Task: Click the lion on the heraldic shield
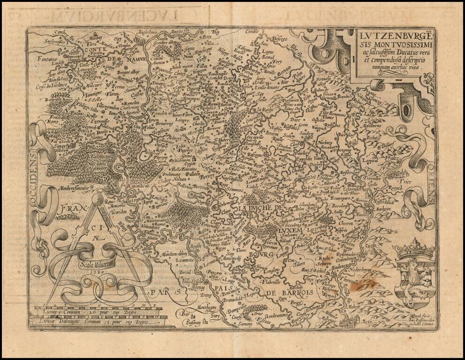pyautogui.click(x=412, y=273)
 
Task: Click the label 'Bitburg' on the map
pyautogui.click(x=374, y=139)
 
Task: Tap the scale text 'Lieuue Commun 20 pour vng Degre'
pyautogui.click(x=83, y=312)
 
